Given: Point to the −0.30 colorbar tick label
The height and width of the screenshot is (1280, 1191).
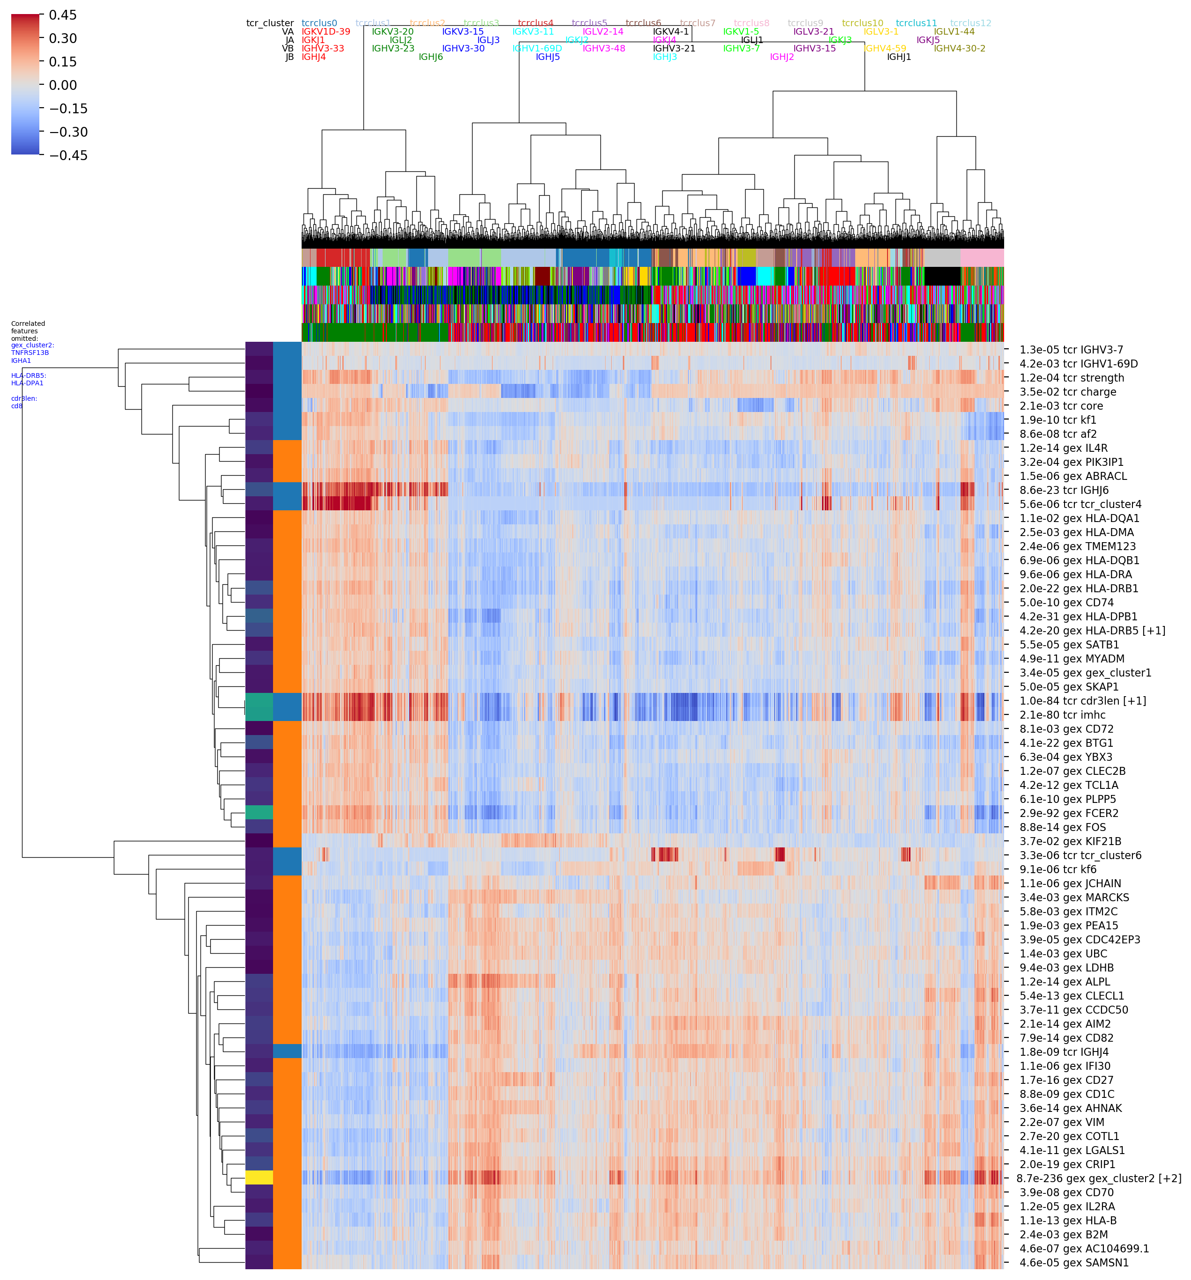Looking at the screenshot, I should (68, 132).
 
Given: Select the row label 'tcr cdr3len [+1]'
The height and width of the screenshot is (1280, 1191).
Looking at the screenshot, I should (1082, 700).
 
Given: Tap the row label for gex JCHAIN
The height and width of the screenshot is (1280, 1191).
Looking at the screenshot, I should (1069, 883).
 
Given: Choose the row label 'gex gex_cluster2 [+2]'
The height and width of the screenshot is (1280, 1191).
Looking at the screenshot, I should (1098, 1178).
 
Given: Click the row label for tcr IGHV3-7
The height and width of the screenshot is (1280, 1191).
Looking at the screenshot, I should (1071, 350).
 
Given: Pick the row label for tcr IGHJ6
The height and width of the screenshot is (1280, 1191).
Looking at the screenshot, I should (1064, 490).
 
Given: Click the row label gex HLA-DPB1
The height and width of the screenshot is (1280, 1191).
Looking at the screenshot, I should (1078, 616).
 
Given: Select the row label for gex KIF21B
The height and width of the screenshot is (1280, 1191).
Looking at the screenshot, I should (1069, 841).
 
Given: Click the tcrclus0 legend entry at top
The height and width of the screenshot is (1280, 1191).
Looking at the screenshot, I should (319, 23).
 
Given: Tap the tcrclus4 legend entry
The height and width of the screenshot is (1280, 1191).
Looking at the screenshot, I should (535, 23).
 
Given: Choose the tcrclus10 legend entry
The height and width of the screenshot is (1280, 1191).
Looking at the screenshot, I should (863, 23).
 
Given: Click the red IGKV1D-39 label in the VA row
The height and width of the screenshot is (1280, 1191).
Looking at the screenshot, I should (326, 31).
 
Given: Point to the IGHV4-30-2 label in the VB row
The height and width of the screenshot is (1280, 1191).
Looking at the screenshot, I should (959, 48).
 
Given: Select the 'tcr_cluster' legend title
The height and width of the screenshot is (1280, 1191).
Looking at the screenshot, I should (270, 23).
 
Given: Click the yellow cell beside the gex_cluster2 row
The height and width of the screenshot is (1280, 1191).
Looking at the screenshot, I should (259, 1177).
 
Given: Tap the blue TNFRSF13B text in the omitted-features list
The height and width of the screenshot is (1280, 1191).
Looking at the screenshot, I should (30, 353).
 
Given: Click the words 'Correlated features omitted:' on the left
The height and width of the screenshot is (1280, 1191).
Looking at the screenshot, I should (28, 331).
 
